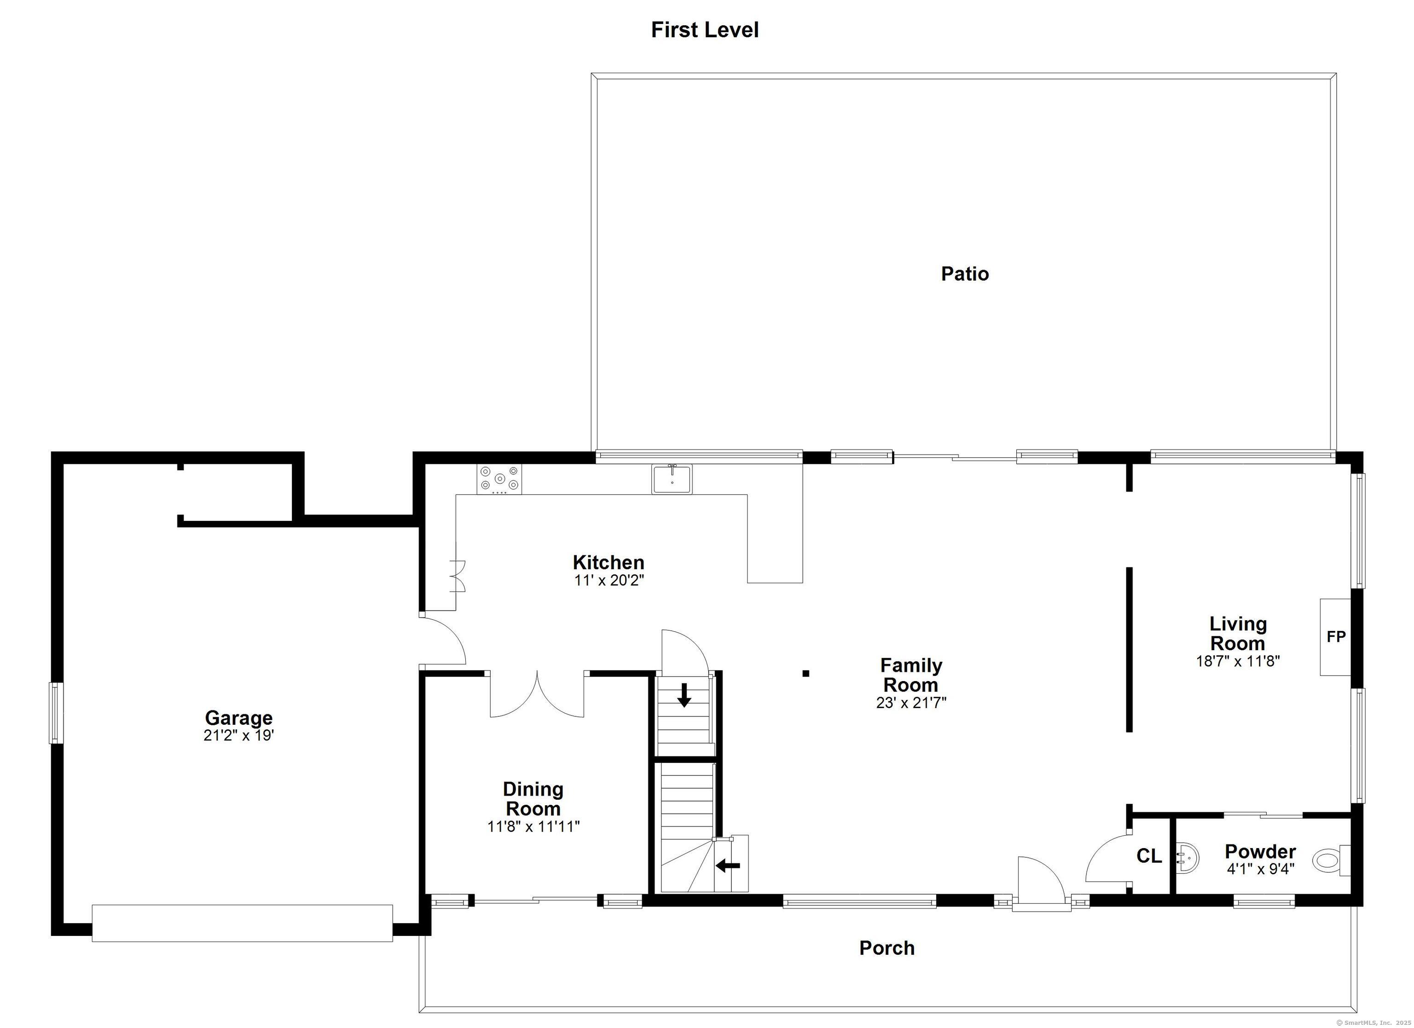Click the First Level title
click(705, 30)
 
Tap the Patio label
click(964, 274)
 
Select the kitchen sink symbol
click(672, 479)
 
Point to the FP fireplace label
click(1335, 636)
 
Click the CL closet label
click(1149, 856)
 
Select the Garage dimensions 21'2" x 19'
click(239, 736)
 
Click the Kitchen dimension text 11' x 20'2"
click(608, 580)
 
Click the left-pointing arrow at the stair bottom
click(728, 865)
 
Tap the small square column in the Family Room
click(806, 673)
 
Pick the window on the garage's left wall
click(56, 712)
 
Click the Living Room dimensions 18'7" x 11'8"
click(1238, 661)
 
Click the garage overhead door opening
click(243, 923)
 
